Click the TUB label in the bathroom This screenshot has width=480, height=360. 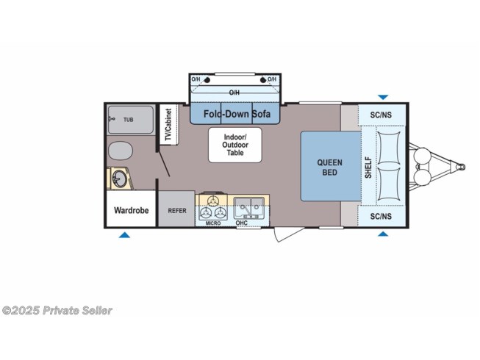point(128,120)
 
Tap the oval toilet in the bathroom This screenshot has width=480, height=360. point(121,151)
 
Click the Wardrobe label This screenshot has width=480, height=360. point(132,210)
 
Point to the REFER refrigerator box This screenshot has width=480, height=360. point(176,209)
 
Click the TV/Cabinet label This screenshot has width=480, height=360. point(168,125)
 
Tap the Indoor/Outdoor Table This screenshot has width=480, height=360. point(235,145)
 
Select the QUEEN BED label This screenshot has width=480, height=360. point(330,168)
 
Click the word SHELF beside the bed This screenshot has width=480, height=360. point(368,168)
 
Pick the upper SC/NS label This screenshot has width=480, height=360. point(381,115)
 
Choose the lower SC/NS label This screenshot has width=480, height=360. point(381,216)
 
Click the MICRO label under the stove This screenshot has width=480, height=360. point(213,223)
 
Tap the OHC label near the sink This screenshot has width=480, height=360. point(242,223)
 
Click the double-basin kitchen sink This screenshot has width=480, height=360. point(249,208)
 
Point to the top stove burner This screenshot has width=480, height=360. point(212,201)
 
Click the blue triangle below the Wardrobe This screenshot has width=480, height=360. point(124,235)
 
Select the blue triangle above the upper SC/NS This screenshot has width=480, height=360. point(383,97)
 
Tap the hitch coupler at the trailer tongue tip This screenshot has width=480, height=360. point(461,167)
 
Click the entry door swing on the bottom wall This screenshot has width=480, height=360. point(286,234)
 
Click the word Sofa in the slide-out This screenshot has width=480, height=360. point(262,114)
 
